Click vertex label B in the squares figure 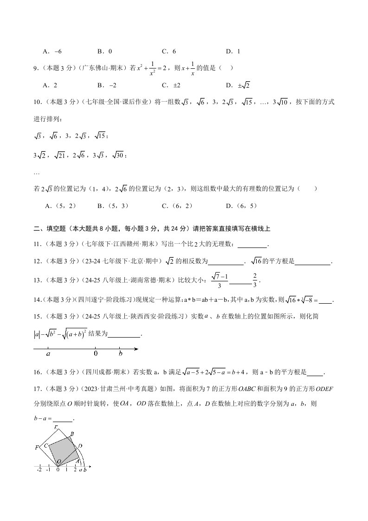[72, 434]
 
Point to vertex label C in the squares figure [46, 445]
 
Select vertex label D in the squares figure [80, 446]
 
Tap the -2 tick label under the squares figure [39, 470]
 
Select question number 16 [37, 372]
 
